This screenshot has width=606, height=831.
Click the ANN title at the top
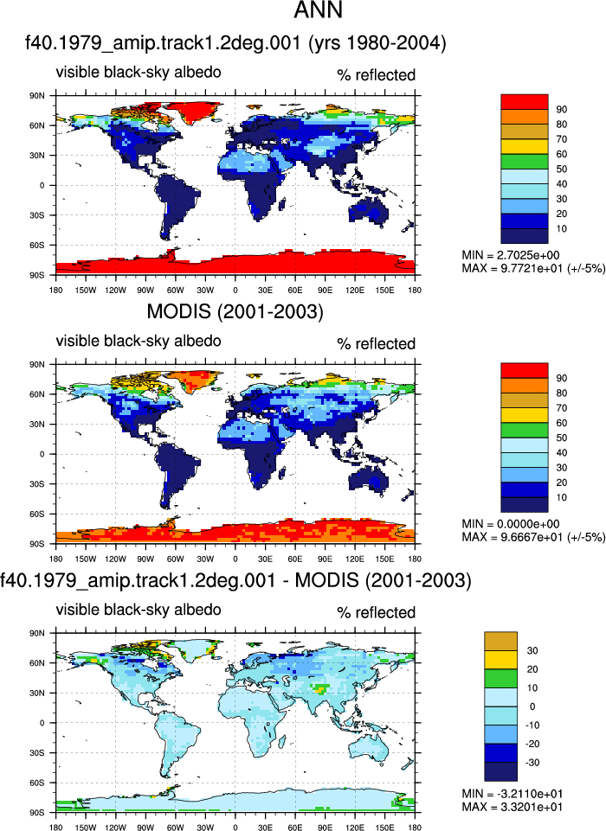(x=318, y=10)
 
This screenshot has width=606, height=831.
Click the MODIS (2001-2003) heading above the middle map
(x=235, y=311)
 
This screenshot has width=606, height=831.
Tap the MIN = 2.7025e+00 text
(x=511, y=255)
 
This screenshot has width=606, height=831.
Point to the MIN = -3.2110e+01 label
(x=513, y=794)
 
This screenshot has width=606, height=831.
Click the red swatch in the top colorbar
(x=525, y=102)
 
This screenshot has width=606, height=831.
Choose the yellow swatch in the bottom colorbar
(x=500, y=660)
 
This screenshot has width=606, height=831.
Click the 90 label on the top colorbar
(x=562, y=110)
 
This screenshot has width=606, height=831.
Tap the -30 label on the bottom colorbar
(x=532, y=763)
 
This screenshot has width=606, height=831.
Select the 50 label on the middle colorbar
(x=562, y=438)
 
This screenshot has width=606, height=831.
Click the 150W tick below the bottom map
(x=86, y=827)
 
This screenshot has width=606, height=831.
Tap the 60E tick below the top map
(x=295, y=290)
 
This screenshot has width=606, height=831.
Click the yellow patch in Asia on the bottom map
(x=319, y=689)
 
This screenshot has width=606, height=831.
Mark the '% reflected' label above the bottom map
(x=377, y=612)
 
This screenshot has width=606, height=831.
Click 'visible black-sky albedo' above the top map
(x=139, y=72)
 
